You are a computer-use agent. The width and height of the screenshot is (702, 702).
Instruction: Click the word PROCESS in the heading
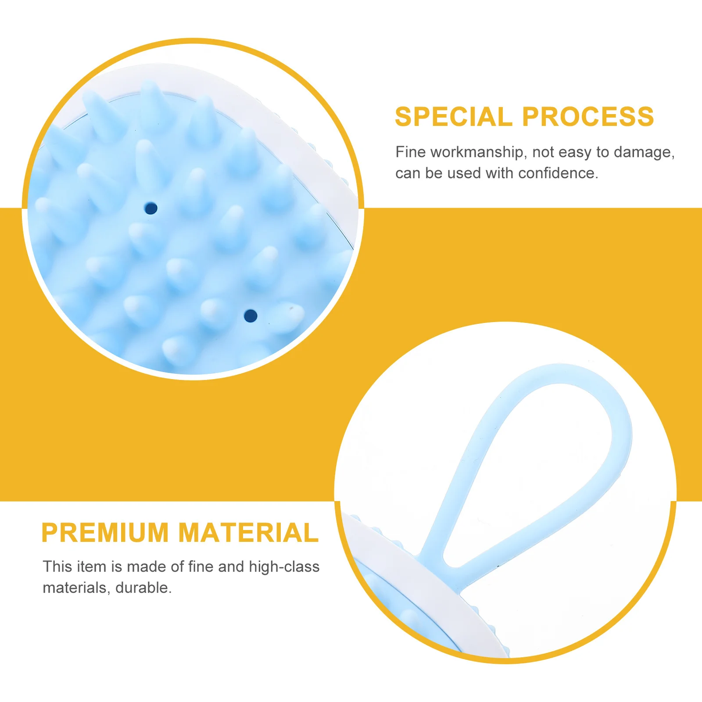[588, 117]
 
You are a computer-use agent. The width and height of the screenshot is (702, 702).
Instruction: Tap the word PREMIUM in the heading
[105, 533]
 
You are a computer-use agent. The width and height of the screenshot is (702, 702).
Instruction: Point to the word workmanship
[477, 152]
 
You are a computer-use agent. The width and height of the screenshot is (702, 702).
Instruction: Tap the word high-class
[284, 567]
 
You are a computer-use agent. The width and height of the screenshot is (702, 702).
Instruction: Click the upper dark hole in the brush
[151, 208]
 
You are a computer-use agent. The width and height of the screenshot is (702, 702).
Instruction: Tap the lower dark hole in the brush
[251, 315]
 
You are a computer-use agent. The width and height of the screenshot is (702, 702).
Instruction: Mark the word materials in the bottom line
[75, 588]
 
